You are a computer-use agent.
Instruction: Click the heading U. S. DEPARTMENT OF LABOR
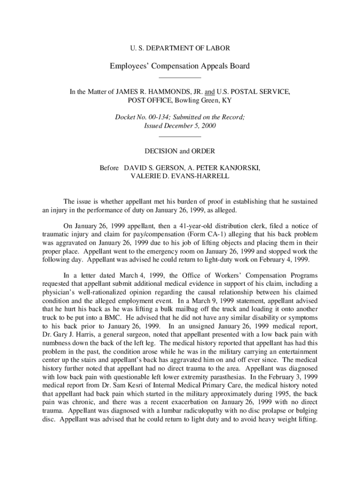click(180, 48)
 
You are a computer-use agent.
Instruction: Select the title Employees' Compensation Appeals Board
click(180, 66)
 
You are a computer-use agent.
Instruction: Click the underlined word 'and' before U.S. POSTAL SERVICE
click(216, 92)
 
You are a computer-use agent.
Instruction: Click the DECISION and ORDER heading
click(180, 151)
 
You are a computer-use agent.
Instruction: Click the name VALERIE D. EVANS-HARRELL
click(180, 176)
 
